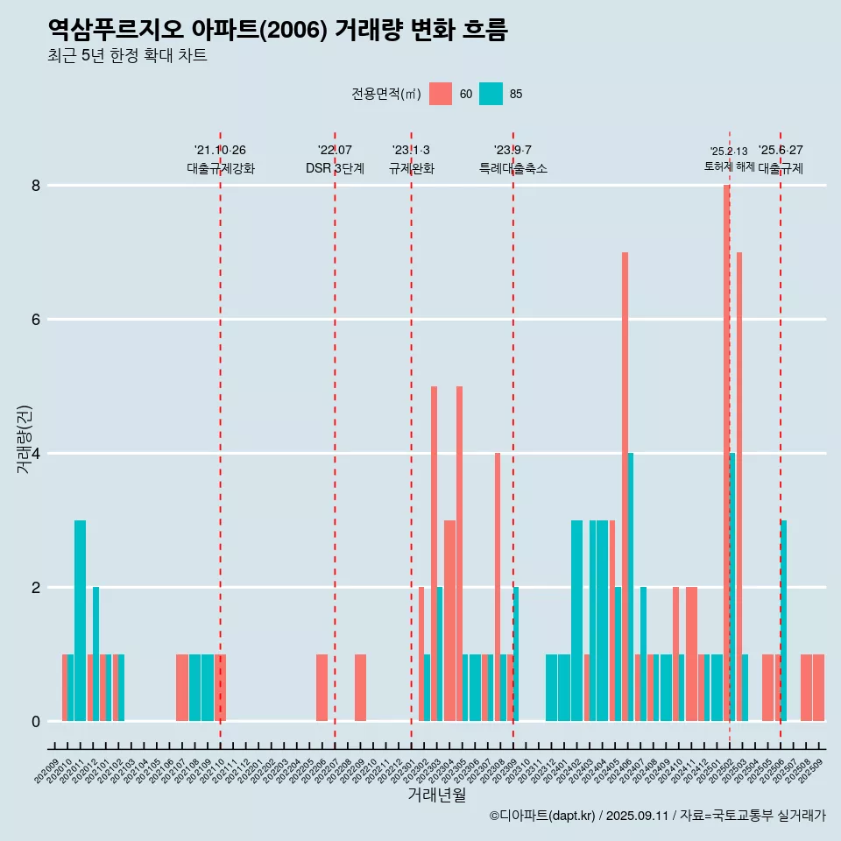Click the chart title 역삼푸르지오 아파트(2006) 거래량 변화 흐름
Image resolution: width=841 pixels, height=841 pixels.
(278, 30)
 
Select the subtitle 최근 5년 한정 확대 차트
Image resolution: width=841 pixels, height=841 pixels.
(127, 56)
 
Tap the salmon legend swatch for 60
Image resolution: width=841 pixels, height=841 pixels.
(441, 94)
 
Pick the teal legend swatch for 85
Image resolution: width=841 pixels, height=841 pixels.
(491, 94)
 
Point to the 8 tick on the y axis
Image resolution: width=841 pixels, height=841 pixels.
(36, 186)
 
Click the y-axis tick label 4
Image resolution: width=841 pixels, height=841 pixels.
(36, 454)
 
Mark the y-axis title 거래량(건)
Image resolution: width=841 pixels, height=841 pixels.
(24, 439)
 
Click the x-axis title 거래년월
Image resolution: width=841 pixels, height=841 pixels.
(436, 795)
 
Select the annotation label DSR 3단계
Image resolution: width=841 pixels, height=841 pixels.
(335, 168)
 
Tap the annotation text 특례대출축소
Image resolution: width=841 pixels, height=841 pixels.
(512, 168)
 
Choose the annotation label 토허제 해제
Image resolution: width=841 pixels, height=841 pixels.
(729, 166)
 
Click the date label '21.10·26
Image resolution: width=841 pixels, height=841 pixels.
(220, 150)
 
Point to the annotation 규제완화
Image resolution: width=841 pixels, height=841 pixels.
(411, 168)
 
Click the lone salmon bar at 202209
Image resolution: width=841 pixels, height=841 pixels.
(360, 688)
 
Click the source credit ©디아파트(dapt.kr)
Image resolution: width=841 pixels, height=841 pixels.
(543, 816)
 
